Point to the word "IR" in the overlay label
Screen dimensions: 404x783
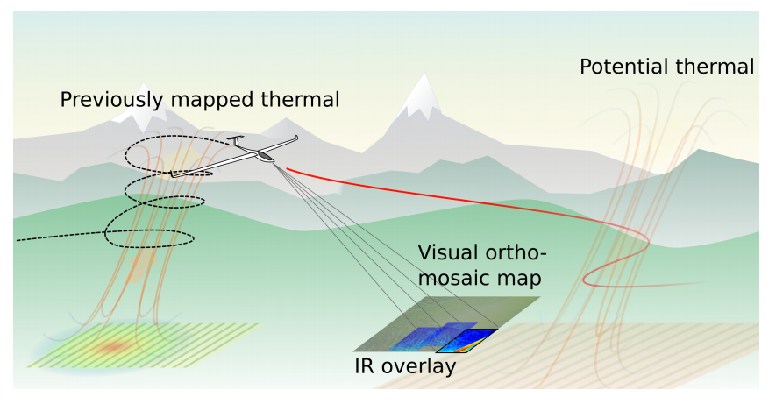tap(366, 366)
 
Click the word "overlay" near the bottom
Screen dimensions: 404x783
tap(419, 366)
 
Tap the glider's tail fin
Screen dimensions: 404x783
tap(235, 140)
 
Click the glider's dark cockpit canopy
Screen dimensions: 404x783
tap(264, 157)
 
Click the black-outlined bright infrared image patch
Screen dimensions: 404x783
tap(467, 340)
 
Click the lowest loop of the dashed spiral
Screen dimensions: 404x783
tap(149, 235)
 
